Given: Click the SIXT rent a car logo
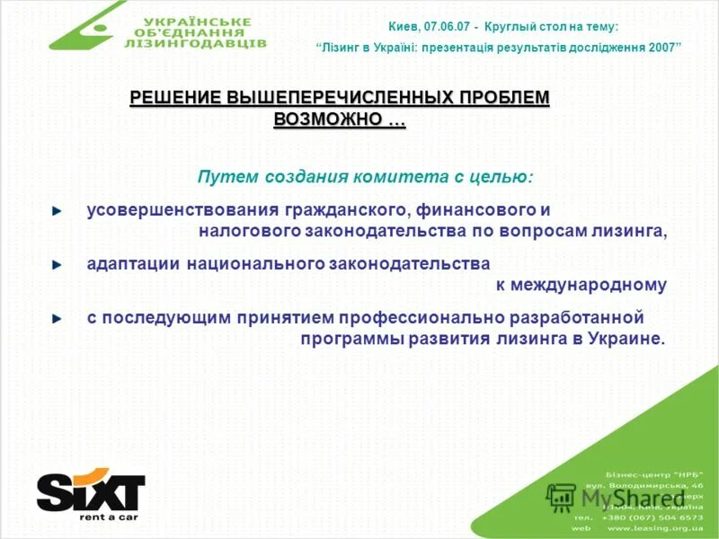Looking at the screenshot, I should tap(90, 495).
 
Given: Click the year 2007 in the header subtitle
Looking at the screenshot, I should tap(664, 47).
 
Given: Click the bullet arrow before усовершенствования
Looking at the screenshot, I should tap(57, 211).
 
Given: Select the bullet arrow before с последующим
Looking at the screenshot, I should tap(57, 318).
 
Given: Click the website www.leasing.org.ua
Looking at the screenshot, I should tap(655, 528).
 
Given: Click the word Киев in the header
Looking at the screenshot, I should tap(405, 26).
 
